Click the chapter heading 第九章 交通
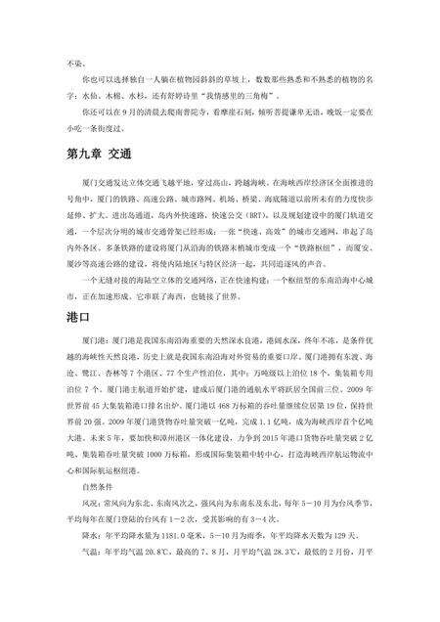[99, 155]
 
